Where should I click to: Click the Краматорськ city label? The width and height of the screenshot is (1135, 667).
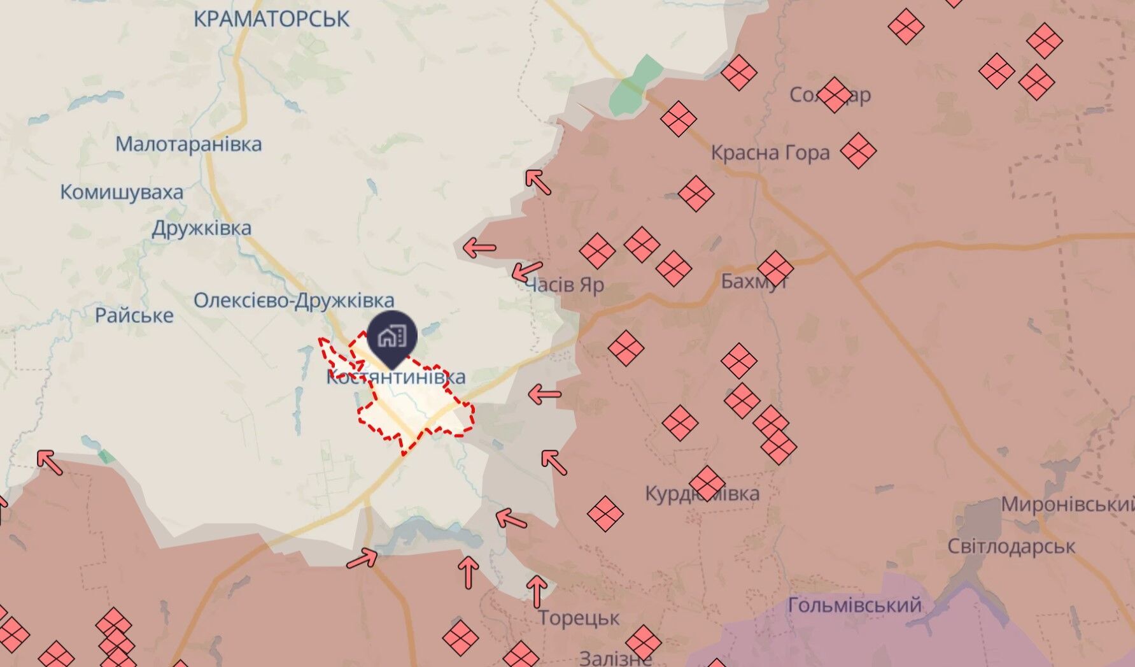point(271,18)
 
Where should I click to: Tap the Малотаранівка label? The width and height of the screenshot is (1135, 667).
point(188,144)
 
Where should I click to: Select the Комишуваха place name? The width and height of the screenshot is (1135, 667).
point(122,192)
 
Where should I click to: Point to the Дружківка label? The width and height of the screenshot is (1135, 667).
point(201,228)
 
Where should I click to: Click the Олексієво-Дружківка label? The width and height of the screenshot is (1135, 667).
point(294,300)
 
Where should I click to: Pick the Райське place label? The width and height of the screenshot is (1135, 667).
point(134,315)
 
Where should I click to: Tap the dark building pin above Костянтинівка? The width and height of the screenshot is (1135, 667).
point(392,336)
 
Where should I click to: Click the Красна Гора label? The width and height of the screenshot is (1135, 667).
point(770,153)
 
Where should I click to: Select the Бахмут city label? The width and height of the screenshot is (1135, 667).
point(754,281)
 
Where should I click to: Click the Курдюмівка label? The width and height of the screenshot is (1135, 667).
point(702,494)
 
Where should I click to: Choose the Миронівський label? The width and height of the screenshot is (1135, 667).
point(1067,505)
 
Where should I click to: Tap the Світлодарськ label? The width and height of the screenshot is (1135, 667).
point(1011,547)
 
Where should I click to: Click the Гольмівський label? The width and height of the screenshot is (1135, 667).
point(854,605)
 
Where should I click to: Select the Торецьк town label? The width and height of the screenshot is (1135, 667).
point(579,617)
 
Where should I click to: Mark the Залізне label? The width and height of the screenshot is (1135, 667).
point(615,657)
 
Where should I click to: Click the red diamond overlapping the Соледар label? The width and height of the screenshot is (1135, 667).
point(834,95)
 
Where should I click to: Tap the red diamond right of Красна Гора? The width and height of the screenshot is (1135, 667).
point(858,151)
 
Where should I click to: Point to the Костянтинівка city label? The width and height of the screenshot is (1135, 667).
point(396,377)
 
